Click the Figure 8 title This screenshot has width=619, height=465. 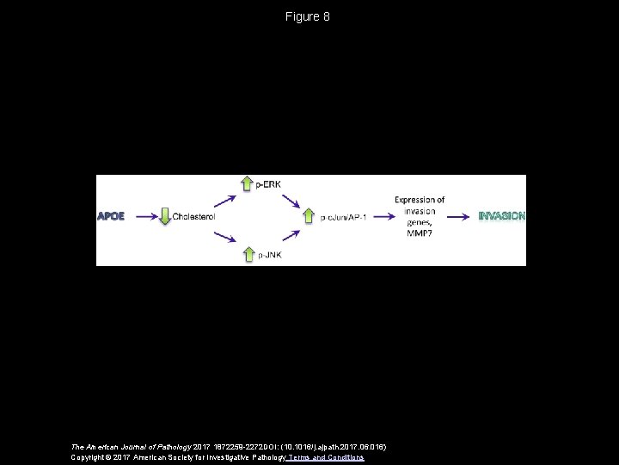309,16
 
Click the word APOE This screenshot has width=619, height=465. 111,216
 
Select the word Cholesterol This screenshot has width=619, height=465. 193,216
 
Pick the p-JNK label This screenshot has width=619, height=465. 270,256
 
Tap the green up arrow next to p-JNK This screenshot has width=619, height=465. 248,255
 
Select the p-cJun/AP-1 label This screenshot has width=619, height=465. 342,217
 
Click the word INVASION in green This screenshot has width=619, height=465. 501,216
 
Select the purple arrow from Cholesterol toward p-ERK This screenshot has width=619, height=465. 224,200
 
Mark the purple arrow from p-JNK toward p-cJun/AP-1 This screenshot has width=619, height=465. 289,233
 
